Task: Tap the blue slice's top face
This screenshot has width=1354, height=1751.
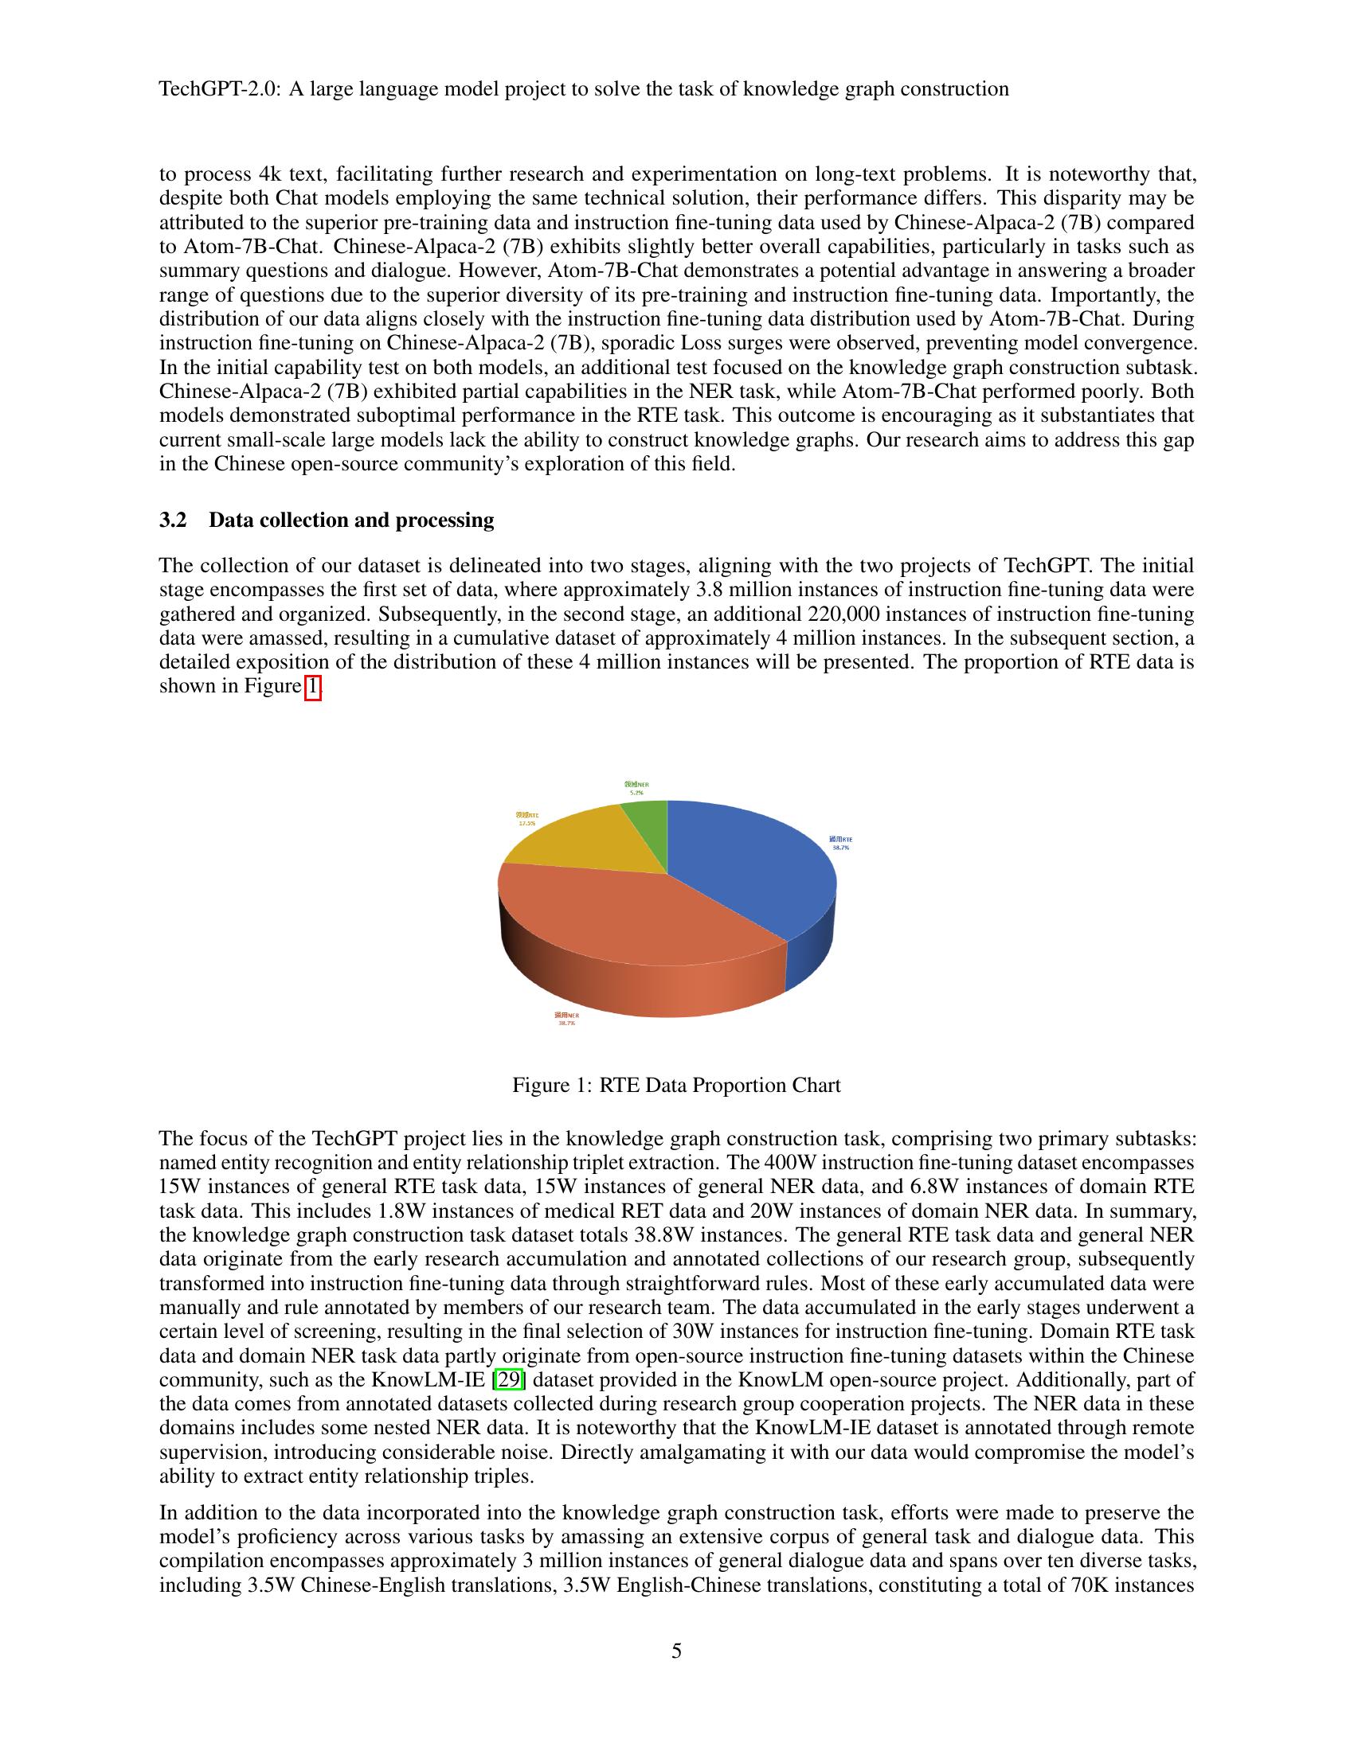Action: (746, 866)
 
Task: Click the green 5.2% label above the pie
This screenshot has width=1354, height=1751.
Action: (636, 787)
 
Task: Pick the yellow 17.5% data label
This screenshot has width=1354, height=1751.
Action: (526, 818)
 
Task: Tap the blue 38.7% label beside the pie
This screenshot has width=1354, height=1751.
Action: (840, 843)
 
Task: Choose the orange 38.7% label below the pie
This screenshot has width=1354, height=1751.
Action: (566, 1018)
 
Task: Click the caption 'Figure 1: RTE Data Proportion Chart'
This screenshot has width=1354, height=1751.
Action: (676, 1086)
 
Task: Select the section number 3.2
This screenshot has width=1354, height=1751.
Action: (173, 521)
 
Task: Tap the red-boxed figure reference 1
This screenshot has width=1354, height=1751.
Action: (313, 687)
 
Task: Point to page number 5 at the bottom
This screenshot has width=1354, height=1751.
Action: (676, 1651)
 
